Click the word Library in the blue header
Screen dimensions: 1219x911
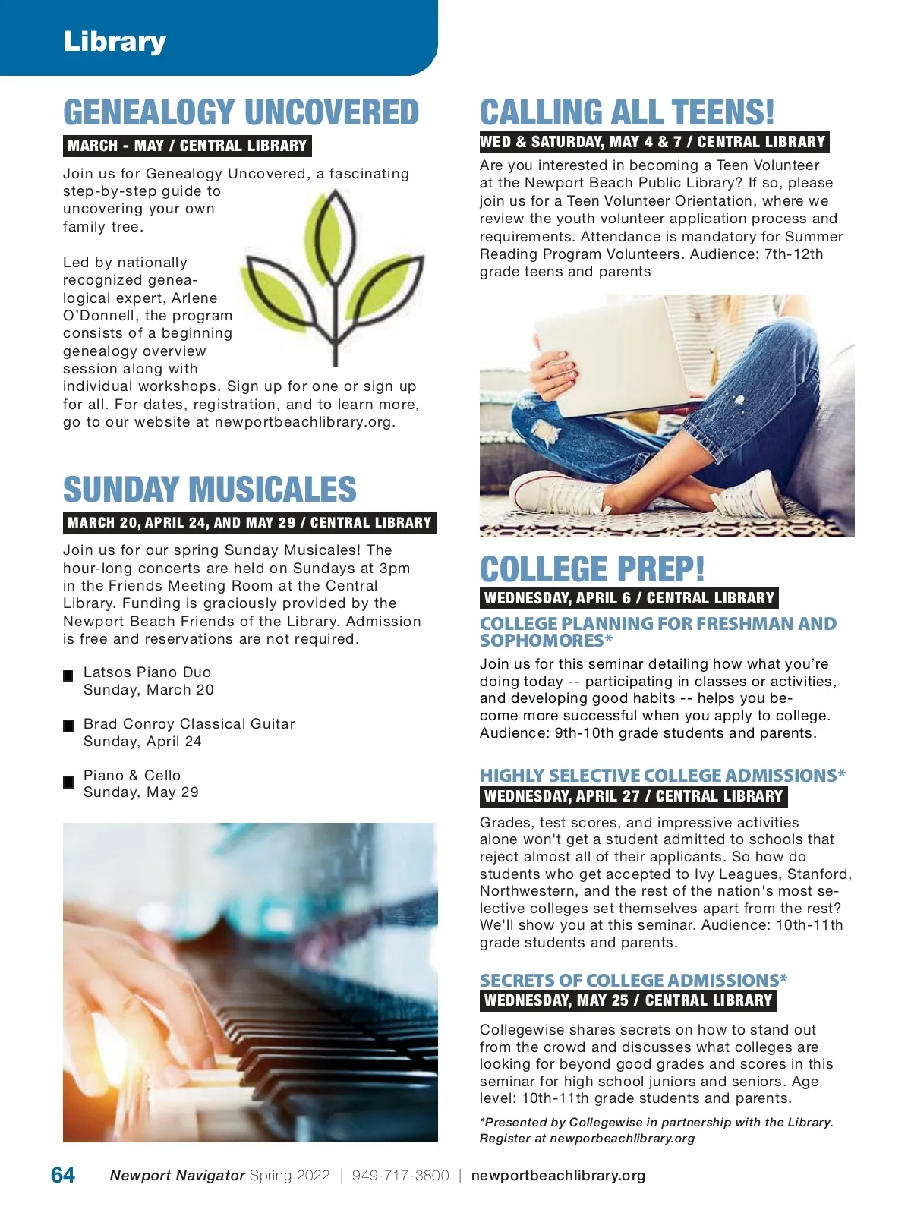pos(114,42)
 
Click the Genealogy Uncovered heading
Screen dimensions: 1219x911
pos(241,112)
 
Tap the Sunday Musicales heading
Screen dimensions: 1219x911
pos(210,490)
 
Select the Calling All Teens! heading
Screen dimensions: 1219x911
pos(627,112)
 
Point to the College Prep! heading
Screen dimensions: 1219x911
pos(592,569)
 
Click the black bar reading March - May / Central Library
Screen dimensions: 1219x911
pos(187,146)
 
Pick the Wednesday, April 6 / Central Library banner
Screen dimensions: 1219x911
pos(629,598)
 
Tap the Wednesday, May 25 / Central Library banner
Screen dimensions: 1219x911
pos(628,1000)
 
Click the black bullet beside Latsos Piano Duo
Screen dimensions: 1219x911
pos(68,675)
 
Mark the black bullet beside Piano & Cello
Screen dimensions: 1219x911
pos(68,781)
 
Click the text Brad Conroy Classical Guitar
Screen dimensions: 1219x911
pos(189,724)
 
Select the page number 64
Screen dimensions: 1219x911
pos(63,1175)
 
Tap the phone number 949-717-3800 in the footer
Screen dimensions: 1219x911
pos(400,1176)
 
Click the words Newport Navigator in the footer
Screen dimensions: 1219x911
pos(177,1176)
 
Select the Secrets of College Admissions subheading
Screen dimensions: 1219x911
pos(633,980)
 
